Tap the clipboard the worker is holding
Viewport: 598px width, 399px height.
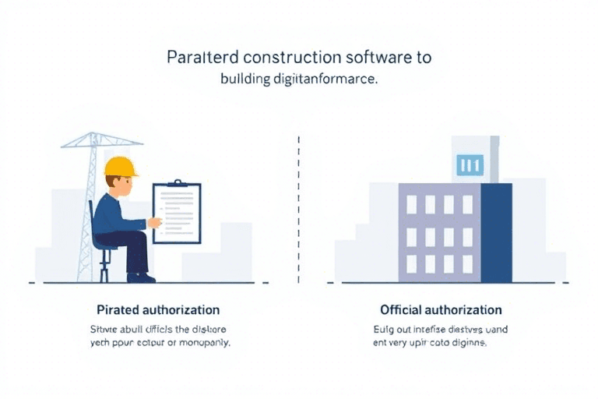[x=178, y=212]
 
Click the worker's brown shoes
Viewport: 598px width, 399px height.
[x=142, y=277]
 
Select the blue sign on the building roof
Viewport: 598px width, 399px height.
[x=470, y=164]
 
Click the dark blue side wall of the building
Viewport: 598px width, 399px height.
[x=496, y=232]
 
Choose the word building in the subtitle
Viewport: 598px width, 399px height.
[x=244, y=79]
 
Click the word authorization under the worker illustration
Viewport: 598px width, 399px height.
[x=185, y=310]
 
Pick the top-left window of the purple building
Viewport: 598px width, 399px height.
[x=411, y=204]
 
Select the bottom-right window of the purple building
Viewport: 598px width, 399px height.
[x=467, y=263]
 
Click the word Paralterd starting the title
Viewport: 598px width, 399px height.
[x=202, y=58]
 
